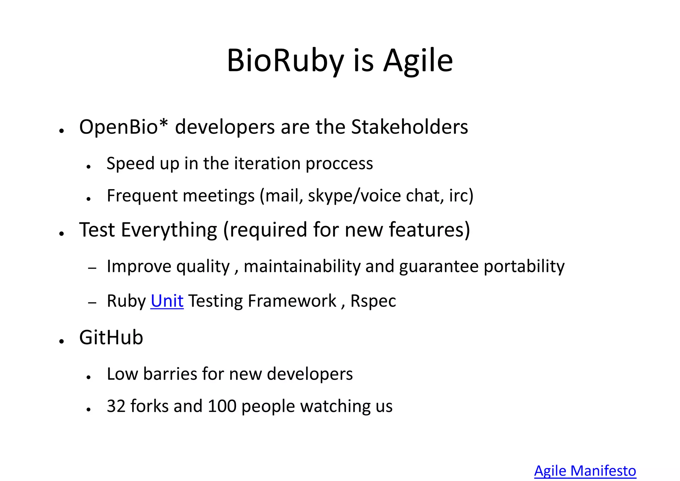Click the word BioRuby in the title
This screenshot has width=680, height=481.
coord(285,61)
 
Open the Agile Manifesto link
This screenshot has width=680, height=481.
coord(585,471)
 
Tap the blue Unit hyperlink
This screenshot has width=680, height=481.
coord(167,301)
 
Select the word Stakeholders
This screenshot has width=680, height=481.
coord(409,127)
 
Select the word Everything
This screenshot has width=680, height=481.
coord(169,230)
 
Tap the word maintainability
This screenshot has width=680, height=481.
coord(302,266)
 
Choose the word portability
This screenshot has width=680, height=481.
coord(524,266)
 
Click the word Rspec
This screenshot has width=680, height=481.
coord(373,301)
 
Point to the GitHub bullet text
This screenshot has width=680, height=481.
coord(111,337)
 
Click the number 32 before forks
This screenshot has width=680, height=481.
coord(116,406)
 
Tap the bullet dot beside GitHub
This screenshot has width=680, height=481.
coord(61,341)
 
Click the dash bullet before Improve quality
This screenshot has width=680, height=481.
coord(92,268)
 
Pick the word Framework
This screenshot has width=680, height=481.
coord(292,301)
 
